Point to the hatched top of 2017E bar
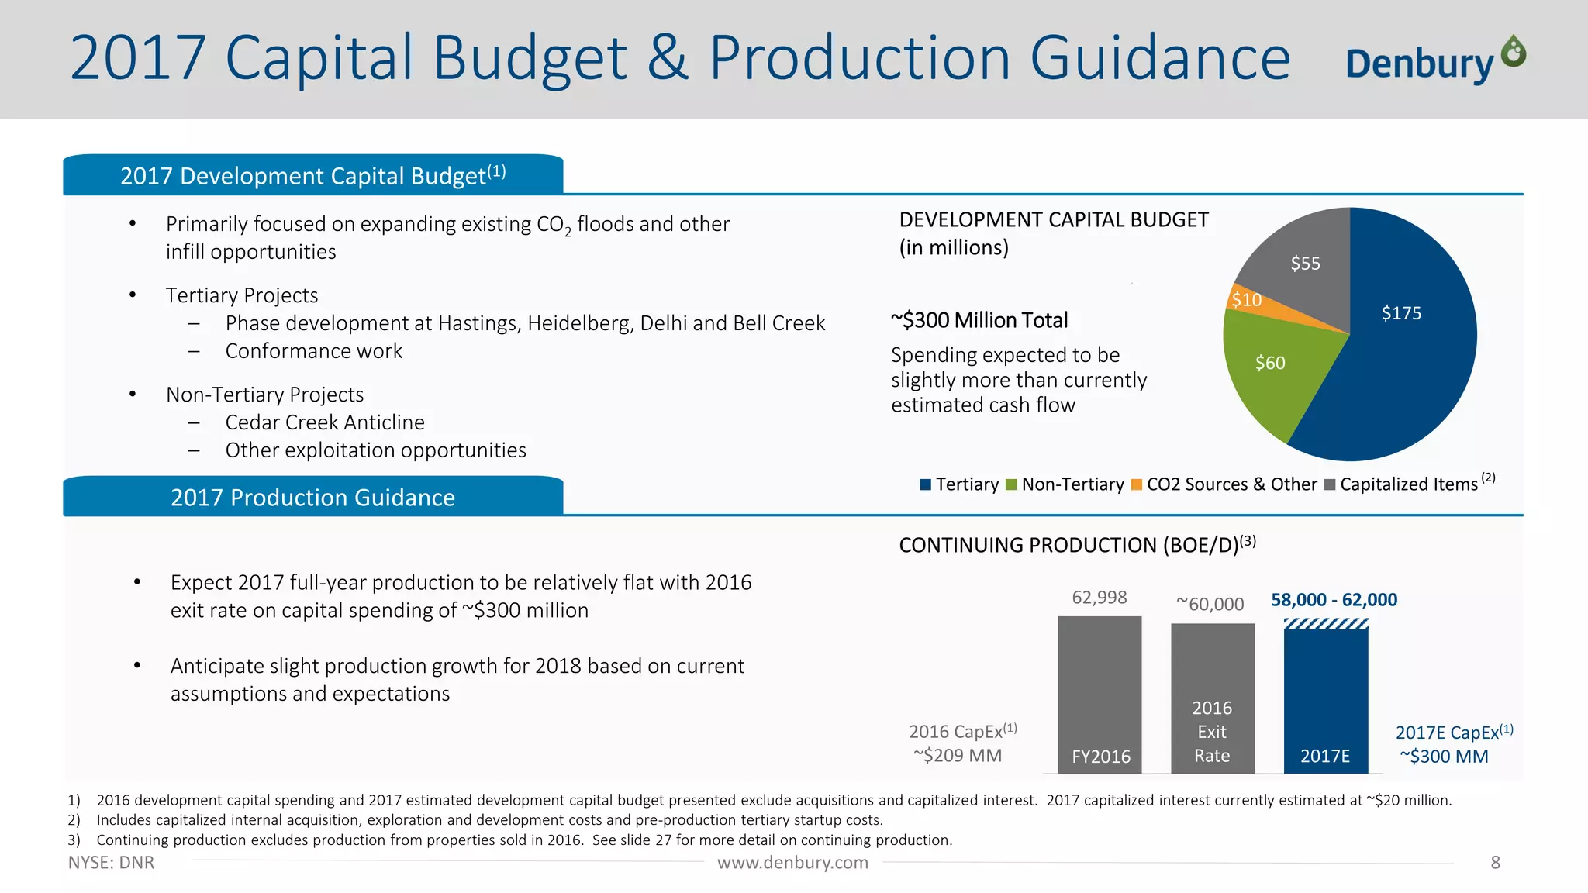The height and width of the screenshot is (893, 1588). [1326, 624]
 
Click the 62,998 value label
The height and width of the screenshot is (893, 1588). [1100, 598]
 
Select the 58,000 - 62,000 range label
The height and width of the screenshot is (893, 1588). [1334, 600]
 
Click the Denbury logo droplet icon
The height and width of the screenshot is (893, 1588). [1513, 53]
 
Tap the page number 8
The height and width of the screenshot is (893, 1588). [1495, 863]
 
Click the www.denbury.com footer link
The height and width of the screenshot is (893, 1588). [792, 863]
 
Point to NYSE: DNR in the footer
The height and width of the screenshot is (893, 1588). [111, 863]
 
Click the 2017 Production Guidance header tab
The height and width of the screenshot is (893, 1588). [312, 498]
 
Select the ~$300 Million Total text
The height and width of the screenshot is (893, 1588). [979, 320]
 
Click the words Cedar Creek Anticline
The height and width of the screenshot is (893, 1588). [325, 422]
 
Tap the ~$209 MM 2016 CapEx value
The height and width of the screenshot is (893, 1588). [958, 756]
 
